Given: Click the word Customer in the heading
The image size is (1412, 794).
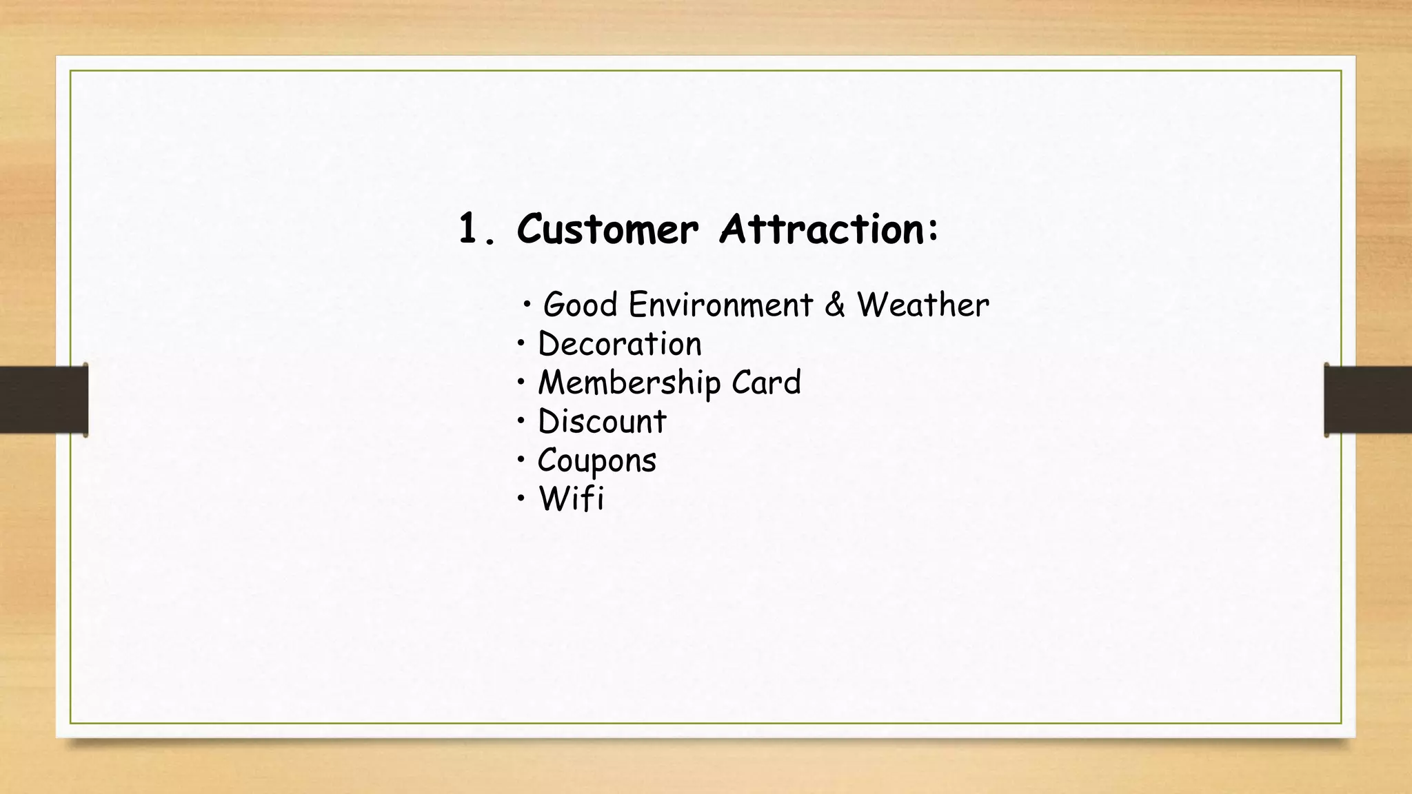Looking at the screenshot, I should tap(607, 229).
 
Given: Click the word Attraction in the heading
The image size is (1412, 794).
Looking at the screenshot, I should tap(820, 229).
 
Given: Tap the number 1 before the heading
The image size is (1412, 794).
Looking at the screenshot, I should tap(469, 229).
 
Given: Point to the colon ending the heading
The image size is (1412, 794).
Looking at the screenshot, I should tap(933, 230).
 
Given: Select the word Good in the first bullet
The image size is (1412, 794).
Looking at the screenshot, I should tap(580, 305).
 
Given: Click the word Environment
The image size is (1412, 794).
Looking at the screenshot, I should tap(720, 305).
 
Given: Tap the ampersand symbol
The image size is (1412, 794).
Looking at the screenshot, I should tap(835, 305).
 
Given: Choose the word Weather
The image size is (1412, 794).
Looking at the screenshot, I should tap(922, 305).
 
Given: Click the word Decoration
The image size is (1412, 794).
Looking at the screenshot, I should tap(619, 343).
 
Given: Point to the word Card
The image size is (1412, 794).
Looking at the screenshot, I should tap(766, 382).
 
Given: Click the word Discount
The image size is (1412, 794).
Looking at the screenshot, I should tap(602, 421).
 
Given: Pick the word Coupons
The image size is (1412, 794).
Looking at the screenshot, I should tap(596, 460).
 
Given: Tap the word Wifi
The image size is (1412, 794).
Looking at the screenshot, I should tap(571, 498).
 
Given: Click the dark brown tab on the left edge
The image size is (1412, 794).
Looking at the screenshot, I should tap(43, 400).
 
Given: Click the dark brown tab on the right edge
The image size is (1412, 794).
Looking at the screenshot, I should tap(1368, 400).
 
